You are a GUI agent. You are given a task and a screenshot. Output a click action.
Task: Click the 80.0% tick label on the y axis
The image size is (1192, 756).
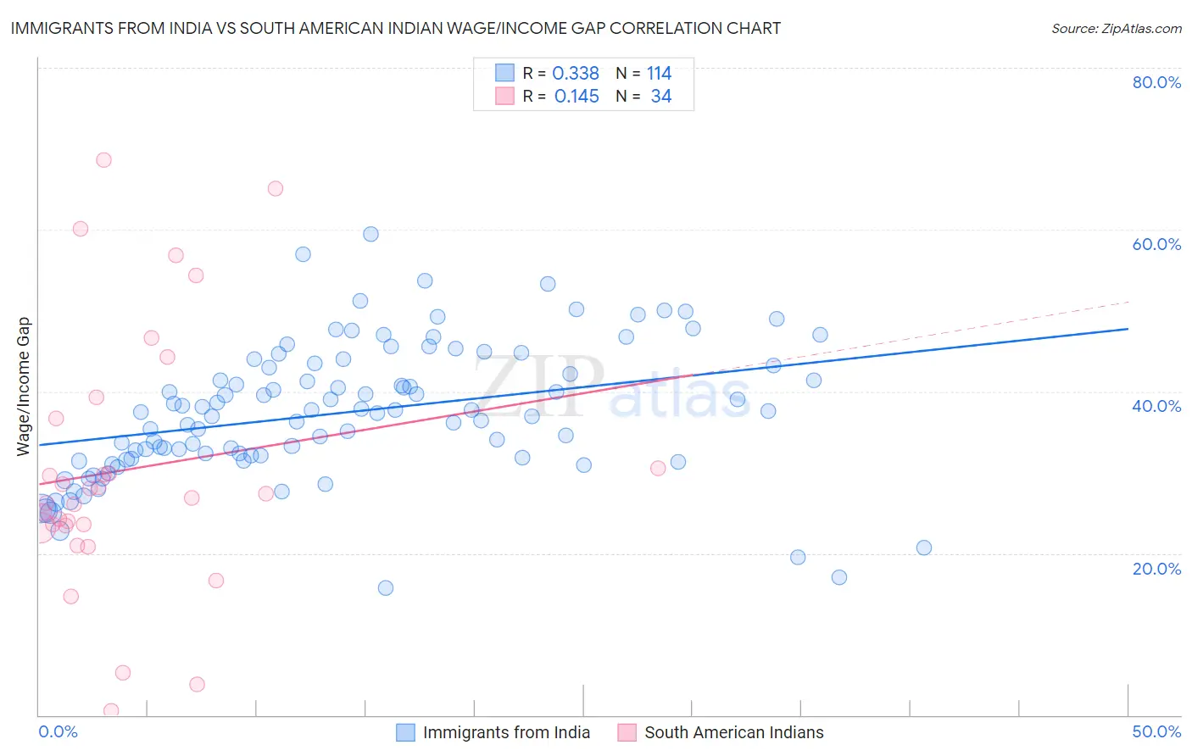pos(1156,82)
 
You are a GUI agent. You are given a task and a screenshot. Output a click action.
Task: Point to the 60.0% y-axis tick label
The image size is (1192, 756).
pos(1156,244)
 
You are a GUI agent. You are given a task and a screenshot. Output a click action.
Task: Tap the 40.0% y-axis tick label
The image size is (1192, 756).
pos(1156,406)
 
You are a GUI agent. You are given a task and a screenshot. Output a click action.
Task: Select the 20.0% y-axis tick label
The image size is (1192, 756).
pos(1156,568)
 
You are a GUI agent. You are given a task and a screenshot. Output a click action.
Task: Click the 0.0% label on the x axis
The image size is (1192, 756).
pos(58,731)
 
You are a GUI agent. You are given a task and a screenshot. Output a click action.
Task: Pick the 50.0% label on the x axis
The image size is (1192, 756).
pos(1156,731)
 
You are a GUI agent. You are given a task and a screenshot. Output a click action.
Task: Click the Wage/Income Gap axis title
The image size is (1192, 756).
pos(24,386)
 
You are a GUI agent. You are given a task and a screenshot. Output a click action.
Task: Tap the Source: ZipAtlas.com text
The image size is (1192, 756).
pos(1116,29)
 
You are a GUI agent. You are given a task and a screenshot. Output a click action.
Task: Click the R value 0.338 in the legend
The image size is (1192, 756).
pos(576,74)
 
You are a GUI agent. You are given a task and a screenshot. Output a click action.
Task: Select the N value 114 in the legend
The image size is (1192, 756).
pos(659,74)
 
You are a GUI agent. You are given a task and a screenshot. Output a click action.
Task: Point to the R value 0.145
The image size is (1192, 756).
pos(577,97)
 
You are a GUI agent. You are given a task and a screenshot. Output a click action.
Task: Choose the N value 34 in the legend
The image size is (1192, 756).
pos(660,97)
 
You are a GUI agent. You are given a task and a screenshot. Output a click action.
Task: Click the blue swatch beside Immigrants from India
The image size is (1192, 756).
pos(406,732)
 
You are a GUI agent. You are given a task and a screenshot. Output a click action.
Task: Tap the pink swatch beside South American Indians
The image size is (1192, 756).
pos(627,732)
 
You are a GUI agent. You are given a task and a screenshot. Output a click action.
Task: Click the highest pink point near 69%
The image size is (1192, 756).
pos(103,160)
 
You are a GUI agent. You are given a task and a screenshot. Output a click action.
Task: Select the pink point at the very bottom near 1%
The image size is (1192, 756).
pos(111,710)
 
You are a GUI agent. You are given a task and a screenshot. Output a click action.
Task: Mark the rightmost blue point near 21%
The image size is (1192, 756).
pos(924,548)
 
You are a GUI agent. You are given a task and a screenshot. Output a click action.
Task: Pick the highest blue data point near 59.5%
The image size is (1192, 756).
pos(370,234)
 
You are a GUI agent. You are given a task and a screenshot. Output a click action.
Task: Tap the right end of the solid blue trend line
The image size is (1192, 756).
pos(1128,329)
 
